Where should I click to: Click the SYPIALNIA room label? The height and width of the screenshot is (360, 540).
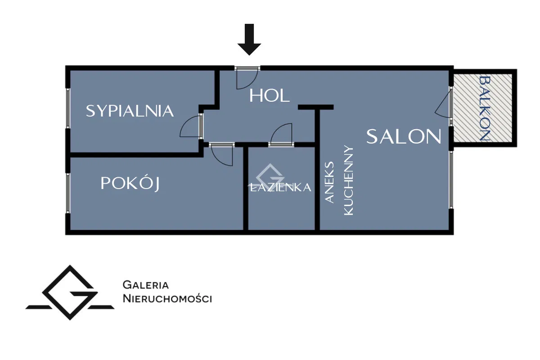pyautogui.click(x=130, y=111)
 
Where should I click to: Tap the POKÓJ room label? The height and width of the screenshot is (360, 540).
pyautogui.click(x=130, y=184)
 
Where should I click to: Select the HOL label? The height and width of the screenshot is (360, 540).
pyautogui.click(x=270, y=95)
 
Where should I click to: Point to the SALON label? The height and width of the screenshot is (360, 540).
pyautogui.click(x=404, y=136)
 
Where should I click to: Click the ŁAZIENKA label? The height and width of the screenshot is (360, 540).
pyautogui.click(x=280, y=188)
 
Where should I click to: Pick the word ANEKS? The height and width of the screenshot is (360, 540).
pyautogui.click(x=330, y=182)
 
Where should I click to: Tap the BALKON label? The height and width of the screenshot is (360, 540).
pyautogui.click(x=484, y=108)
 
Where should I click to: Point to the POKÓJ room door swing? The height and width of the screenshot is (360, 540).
pyautogui.click(x=222, y=155)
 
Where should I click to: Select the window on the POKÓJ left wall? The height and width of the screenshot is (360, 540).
pyautogui.click(x=68, y=193)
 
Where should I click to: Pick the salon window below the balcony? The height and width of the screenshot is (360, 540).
pyautogui.click(x=451, y=180)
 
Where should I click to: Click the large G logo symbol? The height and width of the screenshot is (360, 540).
pyautogui.click(x=70, y=292)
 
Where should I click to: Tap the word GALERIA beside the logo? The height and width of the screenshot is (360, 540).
pyautogui.click(x=146, y=285)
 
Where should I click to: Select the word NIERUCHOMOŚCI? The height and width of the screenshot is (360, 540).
pyautogui.click(x=167, y=298)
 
